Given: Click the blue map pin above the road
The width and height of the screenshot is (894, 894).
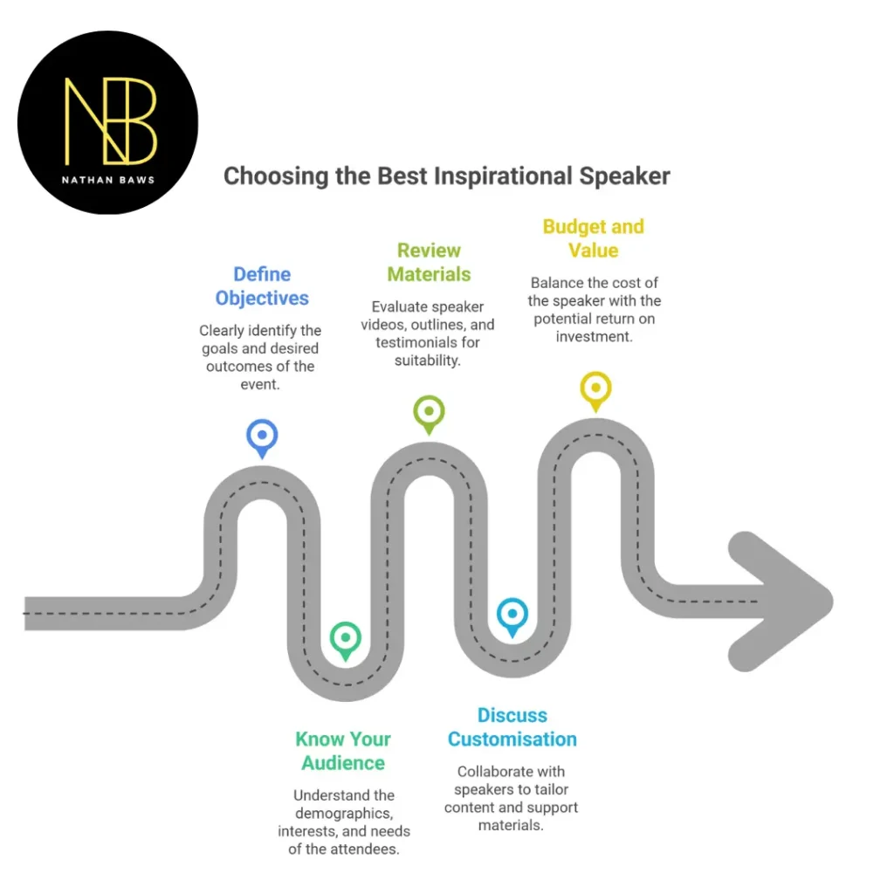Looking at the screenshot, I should pos(262,436).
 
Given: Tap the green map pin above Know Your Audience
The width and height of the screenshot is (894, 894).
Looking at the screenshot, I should pos(346,639).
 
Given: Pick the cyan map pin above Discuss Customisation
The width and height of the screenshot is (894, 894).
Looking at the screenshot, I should pos(512,615).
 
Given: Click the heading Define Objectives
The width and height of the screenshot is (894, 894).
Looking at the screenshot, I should pos(262,286).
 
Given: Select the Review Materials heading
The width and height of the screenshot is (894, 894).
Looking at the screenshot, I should pos(429,262).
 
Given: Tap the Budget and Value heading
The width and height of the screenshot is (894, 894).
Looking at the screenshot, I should pos(594,238).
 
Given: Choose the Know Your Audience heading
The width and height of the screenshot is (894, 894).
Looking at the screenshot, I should pos(343,751).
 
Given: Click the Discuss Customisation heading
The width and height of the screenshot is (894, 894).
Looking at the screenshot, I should pos(512,727).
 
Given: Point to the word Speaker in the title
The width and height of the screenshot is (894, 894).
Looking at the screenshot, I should pos(624,176).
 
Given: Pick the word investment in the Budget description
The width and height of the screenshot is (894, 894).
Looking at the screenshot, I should pos(595,336).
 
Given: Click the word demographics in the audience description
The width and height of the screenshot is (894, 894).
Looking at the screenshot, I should pos(344,814).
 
